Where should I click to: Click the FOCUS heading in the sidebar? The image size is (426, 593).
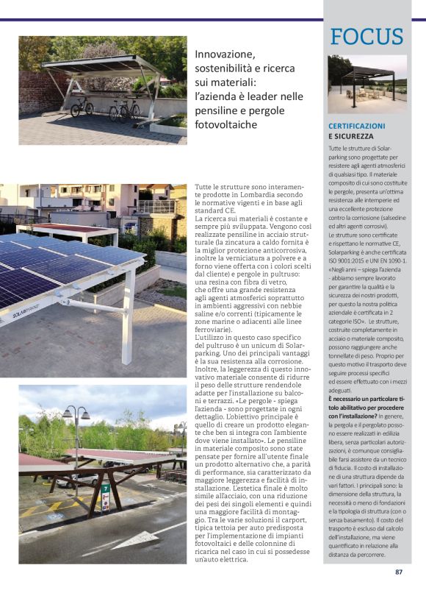click(367, 37)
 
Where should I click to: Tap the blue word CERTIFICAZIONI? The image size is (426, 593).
click(357, 126)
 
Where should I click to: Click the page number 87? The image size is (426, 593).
click(399, 572)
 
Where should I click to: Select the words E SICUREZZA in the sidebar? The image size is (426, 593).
click(351, 136)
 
